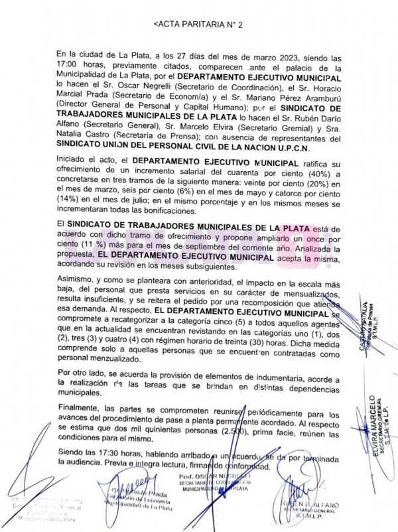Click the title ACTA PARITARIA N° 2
tap(199, 23)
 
